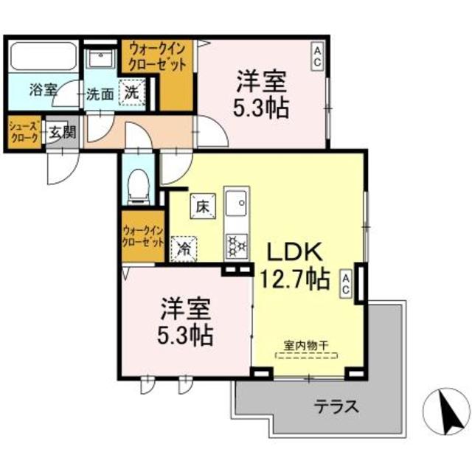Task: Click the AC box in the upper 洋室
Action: (x=316, y=56)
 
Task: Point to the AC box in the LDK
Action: (x=345, y=283)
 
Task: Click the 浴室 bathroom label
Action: (x=43, y=91)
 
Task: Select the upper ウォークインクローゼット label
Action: (x=157, y=57)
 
